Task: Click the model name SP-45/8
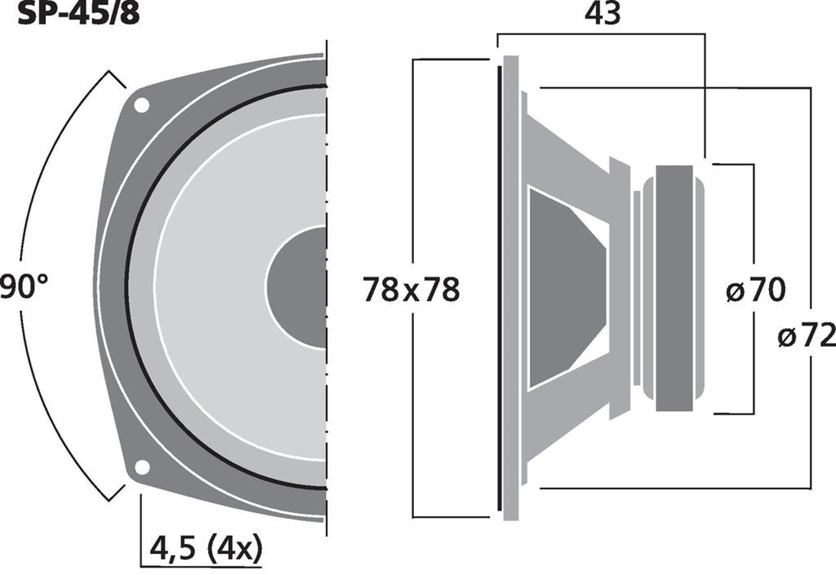(79, 13)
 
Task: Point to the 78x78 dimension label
(411, 290)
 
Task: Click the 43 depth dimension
(603, 13)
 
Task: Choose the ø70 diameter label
(756, 291)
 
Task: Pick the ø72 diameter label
(807, 336)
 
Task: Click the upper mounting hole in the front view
(141, 105)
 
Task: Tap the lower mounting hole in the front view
(142, 467)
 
